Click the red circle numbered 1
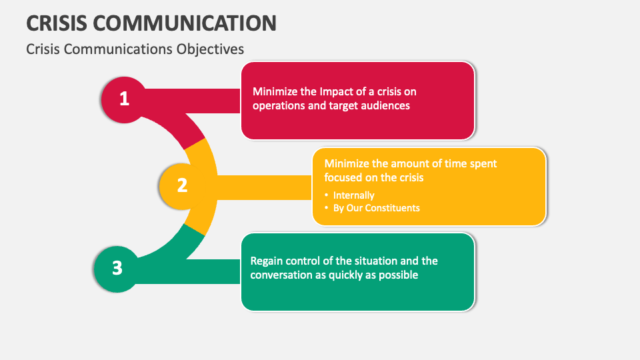[123, 99]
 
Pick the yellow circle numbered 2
[181, 185]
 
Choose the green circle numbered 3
[117, 268]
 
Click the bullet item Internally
[353, 195]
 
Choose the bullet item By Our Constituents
[376, 207]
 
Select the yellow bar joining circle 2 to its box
[263, 185]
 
